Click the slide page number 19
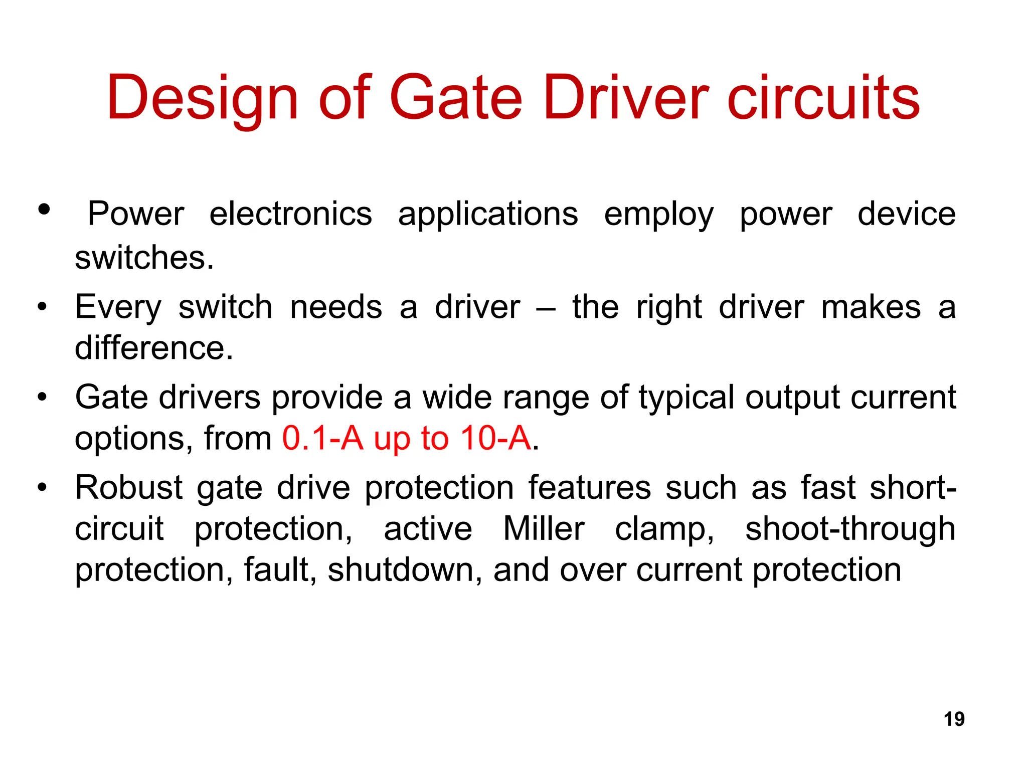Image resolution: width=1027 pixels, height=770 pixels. pyautogui.click(x=954, y=719)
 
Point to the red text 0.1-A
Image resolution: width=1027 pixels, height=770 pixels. pyautogui.click(x=322, y=438)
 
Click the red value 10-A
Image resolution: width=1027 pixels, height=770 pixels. pyautogui.click(x=495, y=438)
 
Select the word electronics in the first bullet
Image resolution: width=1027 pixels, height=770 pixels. pyautogui.click(x=290, y=214)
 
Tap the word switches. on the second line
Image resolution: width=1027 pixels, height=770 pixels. pyautogui.click(x=144, y=258)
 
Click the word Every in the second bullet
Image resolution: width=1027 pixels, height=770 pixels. pyautogui.click(x=118, y=307)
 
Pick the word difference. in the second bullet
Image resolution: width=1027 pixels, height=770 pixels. pyautogui.click(x=154, y=348)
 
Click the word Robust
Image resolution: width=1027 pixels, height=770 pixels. pyautogui.click(x=129, y=487)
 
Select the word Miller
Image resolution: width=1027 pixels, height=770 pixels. pyautogui.click(x=544, y=528)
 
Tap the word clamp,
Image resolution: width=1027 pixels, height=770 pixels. pyautogui.click(x=664, y=529)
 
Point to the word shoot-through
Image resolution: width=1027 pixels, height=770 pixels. pyautogui.click(x=850, y=528)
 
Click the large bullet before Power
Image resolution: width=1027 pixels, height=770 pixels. pyautogui.click(x=44, y=210)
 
